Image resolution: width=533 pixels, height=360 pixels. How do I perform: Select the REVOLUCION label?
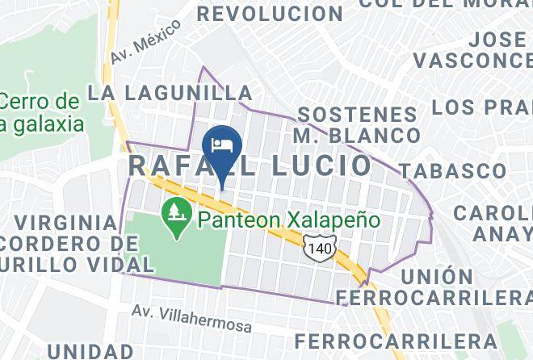[270, 14]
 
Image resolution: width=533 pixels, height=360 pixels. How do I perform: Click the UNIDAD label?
[90, 350]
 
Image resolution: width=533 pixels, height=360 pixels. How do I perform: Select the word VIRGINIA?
[65, 221]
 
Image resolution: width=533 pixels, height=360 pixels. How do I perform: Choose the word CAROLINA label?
[493, 213]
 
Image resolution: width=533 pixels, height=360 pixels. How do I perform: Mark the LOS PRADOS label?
[481, 107]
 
